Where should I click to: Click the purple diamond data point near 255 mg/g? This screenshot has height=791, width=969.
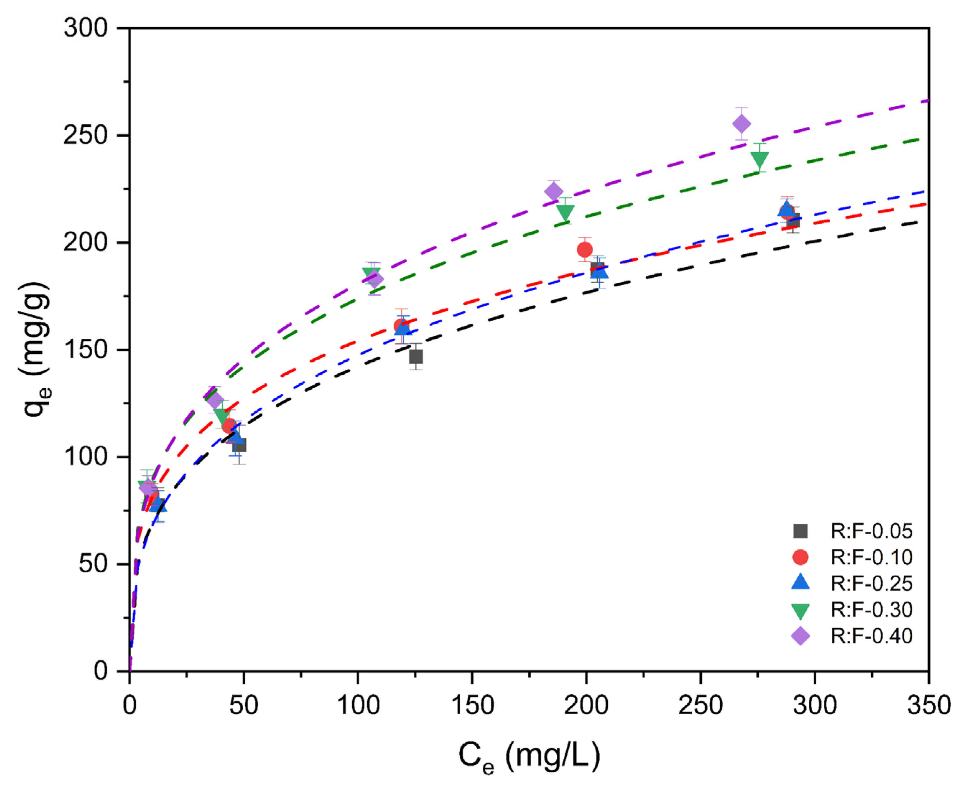click(x=741, y=124)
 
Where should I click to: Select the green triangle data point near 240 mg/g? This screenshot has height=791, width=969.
click(x=759, y=159)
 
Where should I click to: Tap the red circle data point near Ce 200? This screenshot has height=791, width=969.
click(x=584, y=250)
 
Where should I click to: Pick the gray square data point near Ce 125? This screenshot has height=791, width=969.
click(x=416, y=356)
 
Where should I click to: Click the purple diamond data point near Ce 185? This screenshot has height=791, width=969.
click(x=553, y=191)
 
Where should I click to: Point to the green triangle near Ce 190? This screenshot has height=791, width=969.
click(x=565, y=212)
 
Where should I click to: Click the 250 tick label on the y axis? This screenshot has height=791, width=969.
click(x=85, y=135)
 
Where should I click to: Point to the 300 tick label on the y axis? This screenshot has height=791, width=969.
click(x=85, y=28)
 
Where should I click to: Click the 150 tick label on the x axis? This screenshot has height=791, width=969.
click(x=472, y=705)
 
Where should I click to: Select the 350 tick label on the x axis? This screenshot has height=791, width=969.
click(x=928, y=705)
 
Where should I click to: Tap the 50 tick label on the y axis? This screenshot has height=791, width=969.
click(x=93, y=564)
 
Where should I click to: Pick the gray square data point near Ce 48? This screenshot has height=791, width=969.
click(x=239, y=445)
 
